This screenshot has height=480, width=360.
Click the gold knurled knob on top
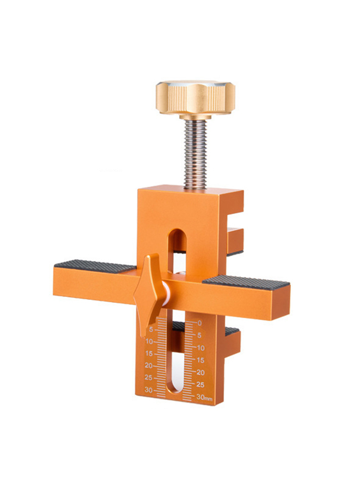pyautogui.click(x=195, y=97)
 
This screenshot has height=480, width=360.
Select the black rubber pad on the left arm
pyautogui.click(x=95, y=266)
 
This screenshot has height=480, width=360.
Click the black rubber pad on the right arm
pyautogui.click(x=246, y=281)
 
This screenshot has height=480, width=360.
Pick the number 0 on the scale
pyautogui.click(x=200, y=323)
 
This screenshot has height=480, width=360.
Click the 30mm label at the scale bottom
pyautogui.click(x=204, y=397)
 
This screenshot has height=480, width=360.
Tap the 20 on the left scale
pyautogui.click(x=149, y=365)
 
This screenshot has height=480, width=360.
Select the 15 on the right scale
pyautogui.click(x=200, y=360)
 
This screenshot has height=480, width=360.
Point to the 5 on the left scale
pyautogui.click(x=151, y=330)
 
